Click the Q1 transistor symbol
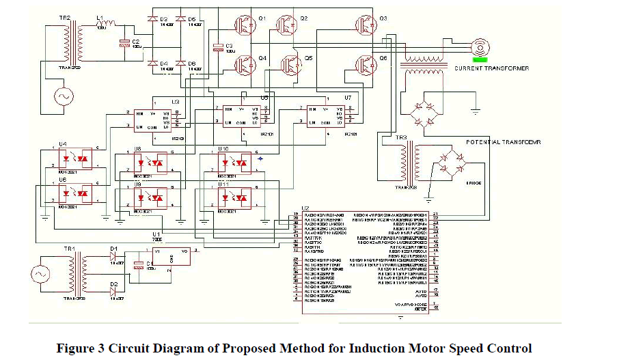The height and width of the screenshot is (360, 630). [x=245, y=25]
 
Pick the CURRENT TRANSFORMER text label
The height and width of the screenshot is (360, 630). [x=491, y=68]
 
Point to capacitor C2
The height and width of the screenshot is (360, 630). [x=124, y=42]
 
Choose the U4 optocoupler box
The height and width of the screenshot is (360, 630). [x=74, y=156]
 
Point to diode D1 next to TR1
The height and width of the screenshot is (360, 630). [x=113, y=258]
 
